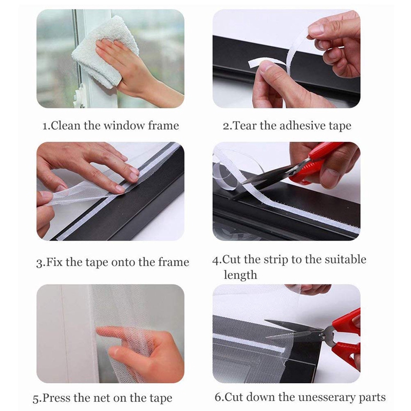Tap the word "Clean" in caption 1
point(65,125)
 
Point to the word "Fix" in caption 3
point(55,263)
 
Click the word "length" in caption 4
point(240,275)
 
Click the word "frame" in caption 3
point(173,263)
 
